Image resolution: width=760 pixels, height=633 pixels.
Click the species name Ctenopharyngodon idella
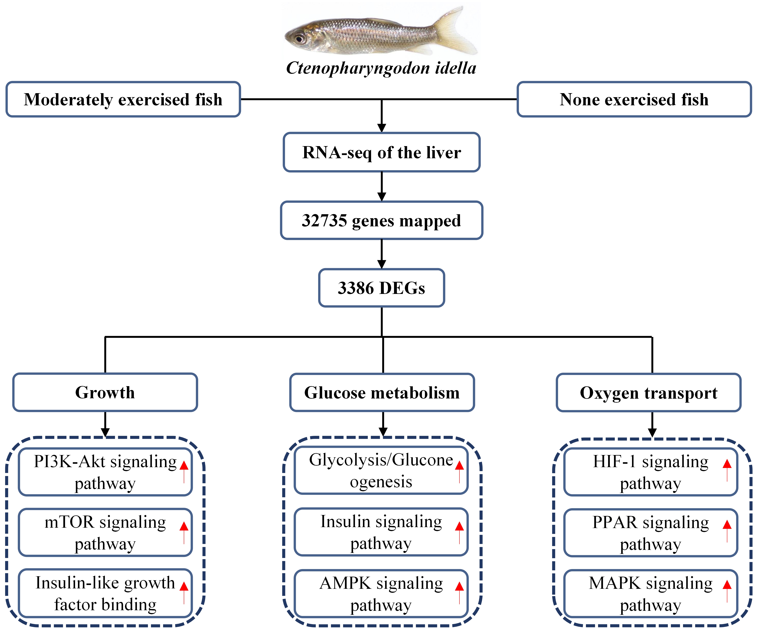[381, 68]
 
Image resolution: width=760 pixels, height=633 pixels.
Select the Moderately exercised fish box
[123, 99]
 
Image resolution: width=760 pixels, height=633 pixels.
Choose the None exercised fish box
[634, 99]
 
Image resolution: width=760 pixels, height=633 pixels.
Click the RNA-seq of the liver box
[382, 152]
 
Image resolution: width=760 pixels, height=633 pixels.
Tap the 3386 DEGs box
[382, 288]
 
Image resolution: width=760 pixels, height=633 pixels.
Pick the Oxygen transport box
[649, 393]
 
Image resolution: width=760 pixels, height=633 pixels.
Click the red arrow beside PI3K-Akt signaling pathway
[184, 472]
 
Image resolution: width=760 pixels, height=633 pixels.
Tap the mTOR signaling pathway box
[105, 532]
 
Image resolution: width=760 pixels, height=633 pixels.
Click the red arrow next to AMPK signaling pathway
[459, 593]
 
